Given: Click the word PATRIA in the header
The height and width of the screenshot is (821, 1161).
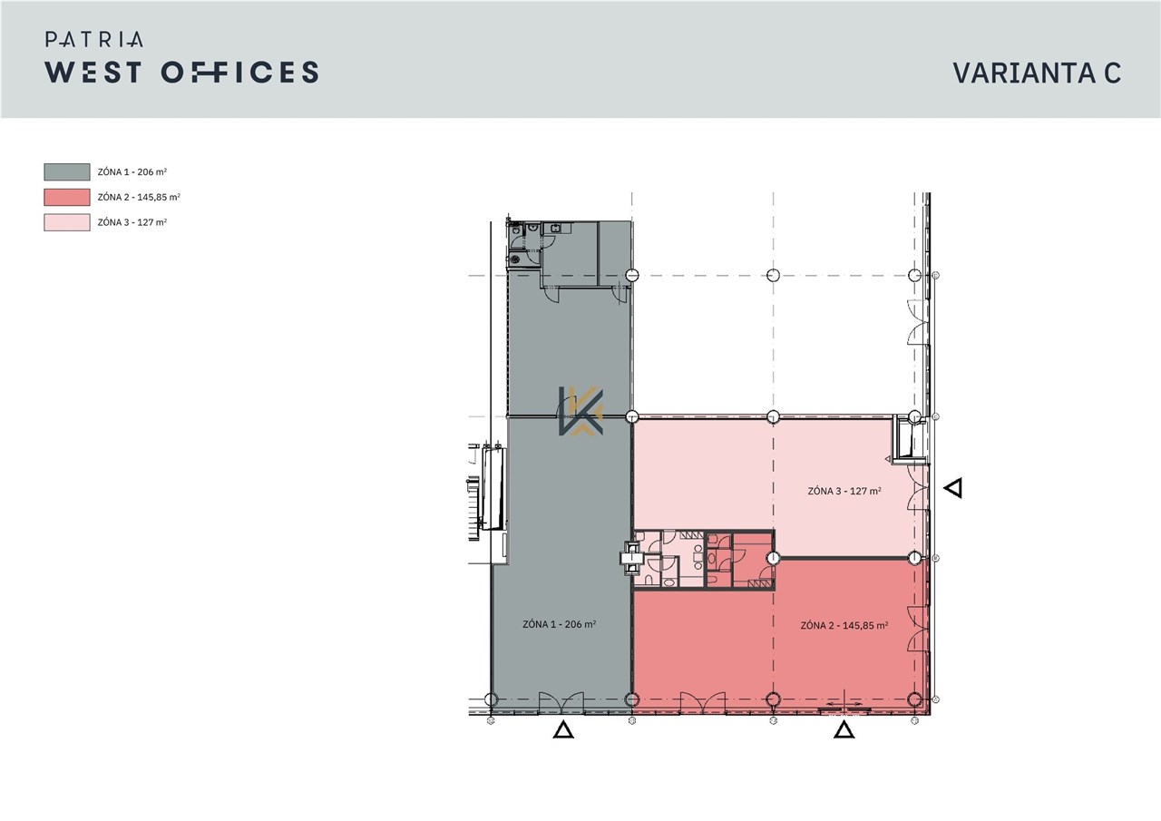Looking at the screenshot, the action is (93, 39).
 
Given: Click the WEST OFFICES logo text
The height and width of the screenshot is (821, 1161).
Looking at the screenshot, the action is (181, 72).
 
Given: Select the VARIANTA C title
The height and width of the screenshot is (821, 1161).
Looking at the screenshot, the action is (1037, 73).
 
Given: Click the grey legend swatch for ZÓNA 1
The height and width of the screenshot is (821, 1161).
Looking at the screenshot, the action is (67, 172).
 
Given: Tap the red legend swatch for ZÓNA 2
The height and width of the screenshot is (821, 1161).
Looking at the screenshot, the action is (67, 198).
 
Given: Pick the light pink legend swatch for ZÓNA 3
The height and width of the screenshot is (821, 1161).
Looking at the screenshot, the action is (67, 222).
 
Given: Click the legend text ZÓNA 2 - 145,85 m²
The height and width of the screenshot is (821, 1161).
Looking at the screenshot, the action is (139, 198).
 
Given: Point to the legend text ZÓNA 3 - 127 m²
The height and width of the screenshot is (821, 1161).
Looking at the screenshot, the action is (132, 222).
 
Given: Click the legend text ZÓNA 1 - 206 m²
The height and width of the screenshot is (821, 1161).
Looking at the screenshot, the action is (132, 172).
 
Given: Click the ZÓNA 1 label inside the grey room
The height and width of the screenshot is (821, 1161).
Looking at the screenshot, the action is (560, 624).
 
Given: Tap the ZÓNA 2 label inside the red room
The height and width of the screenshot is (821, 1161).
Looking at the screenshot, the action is (844, 626).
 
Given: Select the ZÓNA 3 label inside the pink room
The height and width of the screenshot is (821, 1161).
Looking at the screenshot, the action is (844, 491).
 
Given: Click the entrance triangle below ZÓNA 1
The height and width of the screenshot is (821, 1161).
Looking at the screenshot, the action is (563, 731).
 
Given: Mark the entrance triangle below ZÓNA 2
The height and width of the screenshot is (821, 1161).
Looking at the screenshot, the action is (844, 731).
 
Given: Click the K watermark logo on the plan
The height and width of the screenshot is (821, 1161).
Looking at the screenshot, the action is (580, 410).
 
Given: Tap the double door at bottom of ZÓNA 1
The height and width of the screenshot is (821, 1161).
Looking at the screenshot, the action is (561, 702).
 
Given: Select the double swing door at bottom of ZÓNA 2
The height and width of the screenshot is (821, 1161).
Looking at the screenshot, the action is (702, 702).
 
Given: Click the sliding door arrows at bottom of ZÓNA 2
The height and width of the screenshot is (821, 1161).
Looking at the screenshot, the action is (844, 706).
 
